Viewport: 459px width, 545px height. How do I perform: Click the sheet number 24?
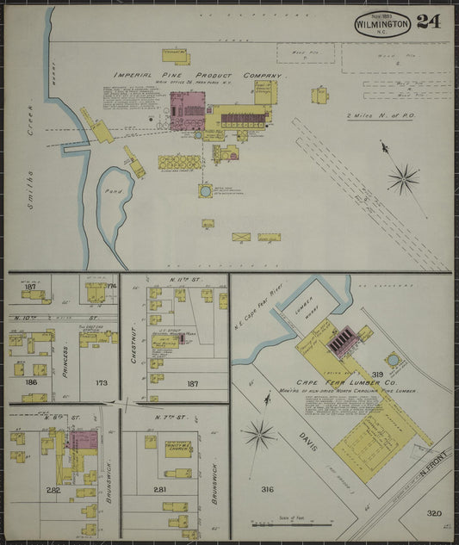428,22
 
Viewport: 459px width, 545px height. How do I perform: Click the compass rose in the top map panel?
402,179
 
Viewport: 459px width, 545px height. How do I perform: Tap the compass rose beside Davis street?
259,434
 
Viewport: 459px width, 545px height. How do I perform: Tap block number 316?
267,489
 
